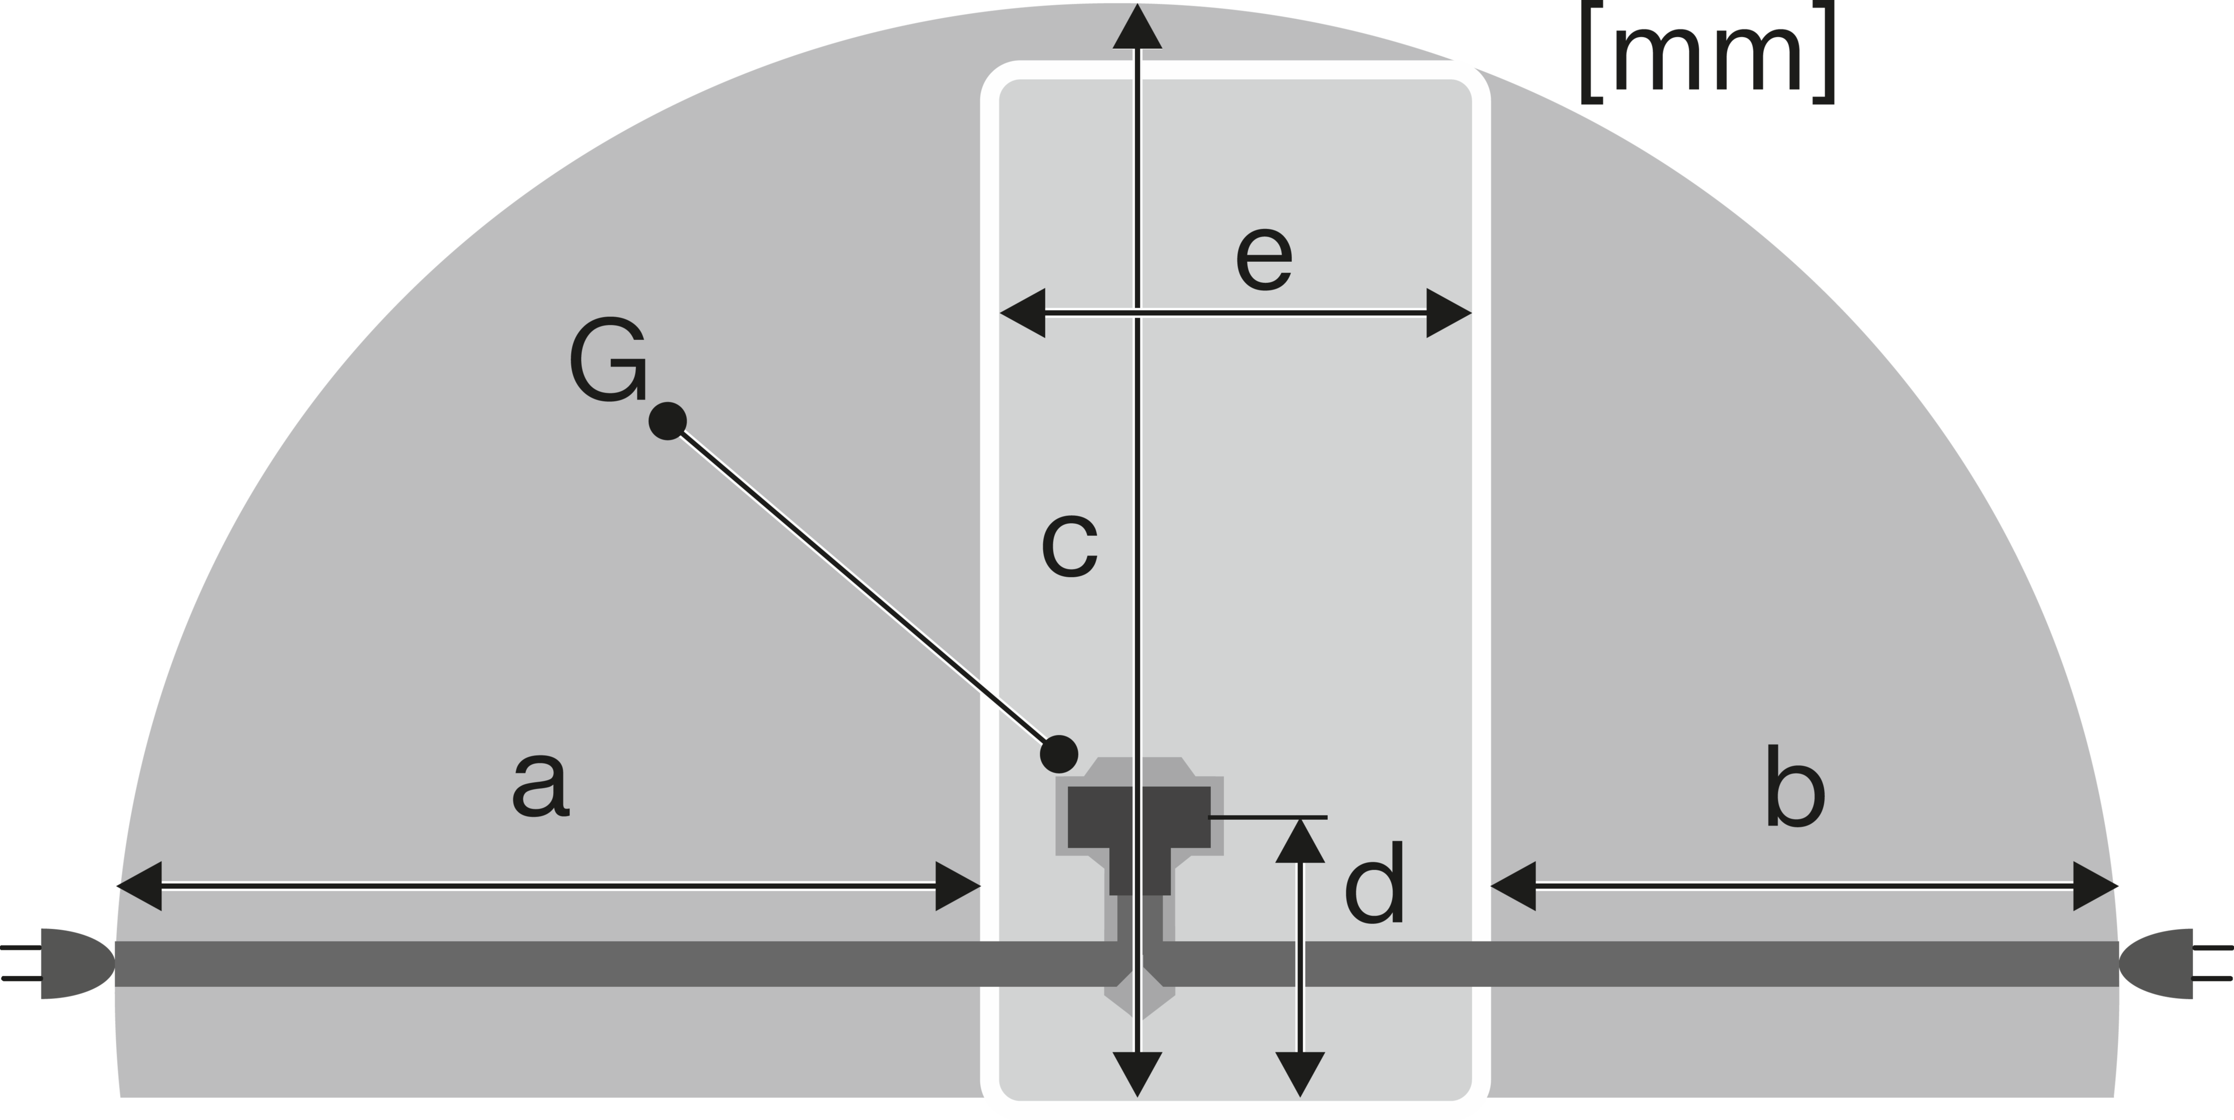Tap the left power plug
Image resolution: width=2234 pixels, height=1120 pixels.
click(57, 964)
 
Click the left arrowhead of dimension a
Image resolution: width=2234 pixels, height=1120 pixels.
click(139, 886)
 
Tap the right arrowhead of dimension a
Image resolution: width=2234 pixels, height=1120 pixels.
click(957, 886)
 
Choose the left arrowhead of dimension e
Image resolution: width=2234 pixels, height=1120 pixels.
click(1022, 313)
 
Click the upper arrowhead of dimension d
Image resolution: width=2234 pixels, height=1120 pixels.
click(1300, 840)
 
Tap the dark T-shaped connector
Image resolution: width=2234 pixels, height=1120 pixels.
click(1139, 836)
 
